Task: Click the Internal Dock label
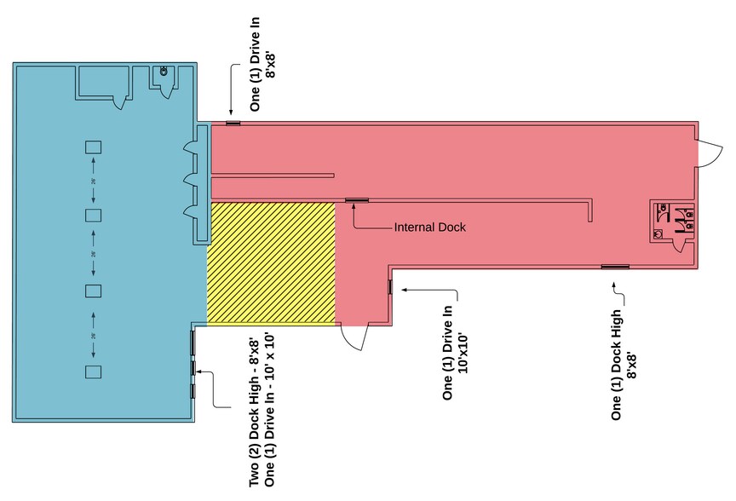click(430, 227)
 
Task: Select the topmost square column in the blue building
click(93, 147)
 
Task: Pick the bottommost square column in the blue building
click(93, 371)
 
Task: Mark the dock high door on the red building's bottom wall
click(614, 268)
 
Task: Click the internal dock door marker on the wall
click(356, 201)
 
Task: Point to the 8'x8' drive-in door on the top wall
click(232, 124)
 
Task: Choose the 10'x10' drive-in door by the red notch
click(390, 286)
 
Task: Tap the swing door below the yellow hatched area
click(354, 337)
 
